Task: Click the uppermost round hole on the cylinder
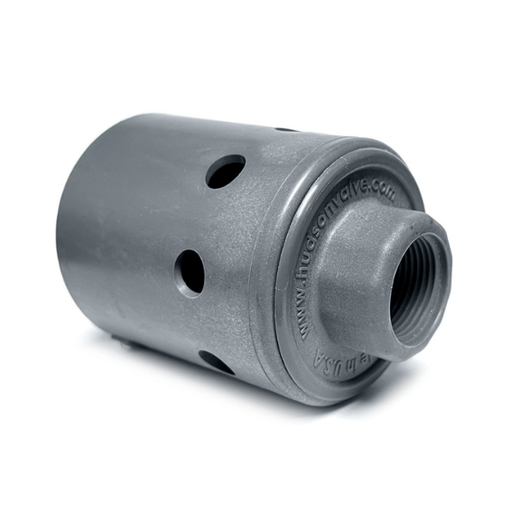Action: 225,171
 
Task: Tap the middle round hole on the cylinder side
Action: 190,272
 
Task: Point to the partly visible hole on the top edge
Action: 286,129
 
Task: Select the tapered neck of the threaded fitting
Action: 348,280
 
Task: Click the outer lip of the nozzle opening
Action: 443,255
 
